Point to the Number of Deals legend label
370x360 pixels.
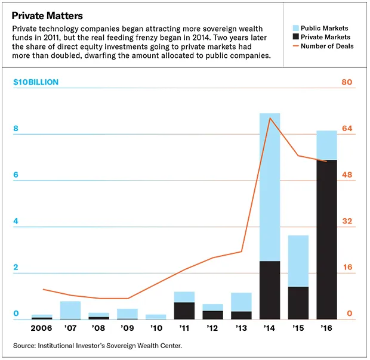[x=327, y=46]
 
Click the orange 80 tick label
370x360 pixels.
[x=347, y=82]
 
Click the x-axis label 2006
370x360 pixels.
[x=42, y=328]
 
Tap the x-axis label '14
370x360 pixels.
[x=269, y=328]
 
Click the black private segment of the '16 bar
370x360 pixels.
[x=326, y=238]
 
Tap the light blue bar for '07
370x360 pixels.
[x=70, y=310]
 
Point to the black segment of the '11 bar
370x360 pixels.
[x=184, y=311]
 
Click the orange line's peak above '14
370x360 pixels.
[x=270, y=118]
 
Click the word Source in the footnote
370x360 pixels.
[x=26, y=345]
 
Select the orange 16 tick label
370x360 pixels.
[x=347, y=268]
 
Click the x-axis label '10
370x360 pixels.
[x=156, y=328]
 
